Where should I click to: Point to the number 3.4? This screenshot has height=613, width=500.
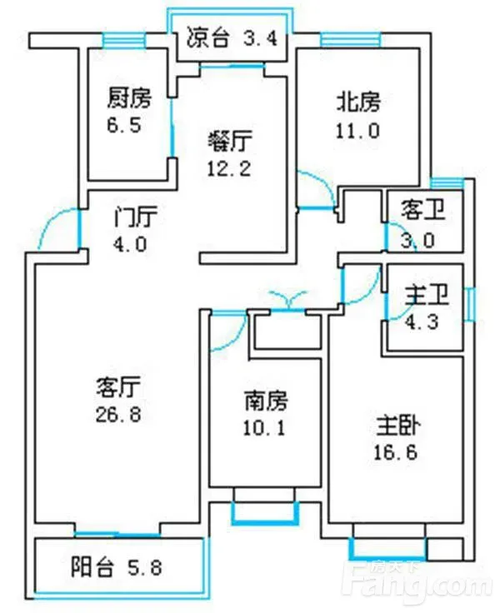pos(260,37)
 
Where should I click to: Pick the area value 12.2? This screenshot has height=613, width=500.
pos(229,167)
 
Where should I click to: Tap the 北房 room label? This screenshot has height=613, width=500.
pos(358,102)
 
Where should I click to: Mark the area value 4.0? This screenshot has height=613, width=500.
pos(130,245)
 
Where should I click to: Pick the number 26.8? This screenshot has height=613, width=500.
pos(118,414)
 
